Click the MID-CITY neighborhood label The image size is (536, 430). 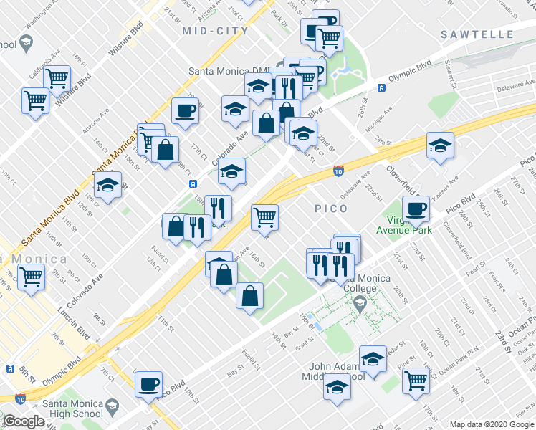click(215, 31)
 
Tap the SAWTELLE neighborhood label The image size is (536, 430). click(477, 34)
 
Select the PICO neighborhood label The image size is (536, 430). click(331, 209)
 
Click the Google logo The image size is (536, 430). click(24, 421)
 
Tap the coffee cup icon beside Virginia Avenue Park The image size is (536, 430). click(416, 209)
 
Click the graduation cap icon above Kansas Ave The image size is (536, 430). click(439, 145)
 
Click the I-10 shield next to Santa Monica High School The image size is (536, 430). click(20, 398)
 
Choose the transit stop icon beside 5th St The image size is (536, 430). click(10, 368)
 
